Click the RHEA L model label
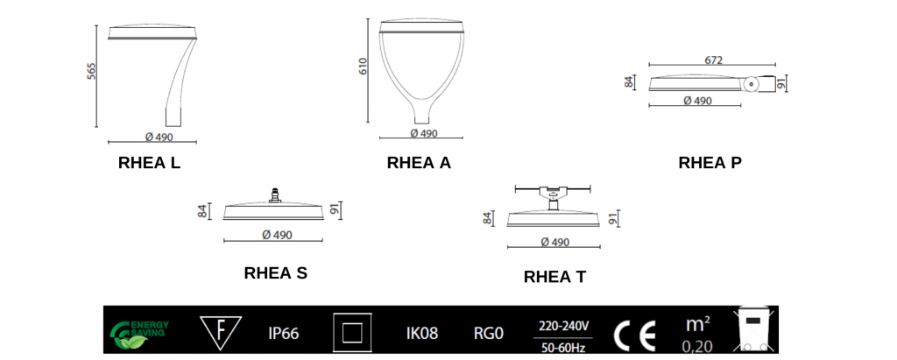(149, 162)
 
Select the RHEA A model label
(419, 162)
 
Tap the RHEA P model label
(710, 163)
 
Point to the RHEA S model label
(275, 273)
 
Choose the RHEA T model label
(554, 278)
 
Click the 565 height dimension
(91, 72)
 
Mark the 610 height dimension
(363, 66)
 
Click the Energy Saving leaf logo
(139, 332)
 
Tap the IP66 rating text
(284, 333)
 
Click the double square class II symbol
(352, 333)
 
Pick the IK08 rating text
(422, 333)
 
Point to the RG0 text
(488, 333)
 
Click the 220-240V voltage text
(563, 324)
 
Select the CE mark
(634, 333)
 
